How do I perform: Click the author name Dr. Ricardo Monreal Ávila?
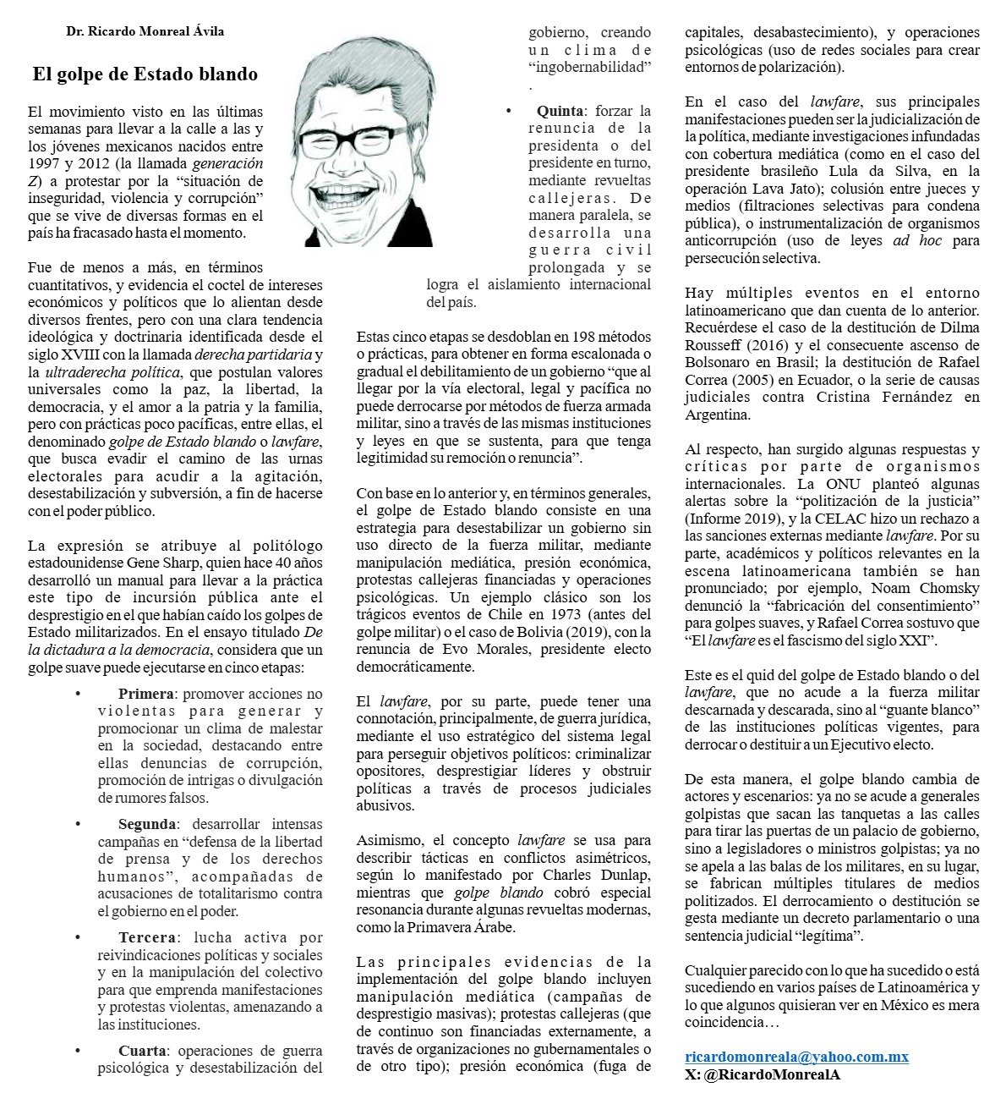(145, 31)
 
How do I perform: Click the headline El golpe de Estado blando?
(145, 74)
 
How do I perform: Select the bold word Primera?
(145, 694)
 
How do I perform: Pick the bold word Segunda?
(147, 823)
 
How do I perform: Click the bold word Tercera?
(146, 937)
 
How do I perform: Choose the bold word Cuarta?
(142, 1050)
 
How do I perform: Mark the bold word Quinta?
(560, 110)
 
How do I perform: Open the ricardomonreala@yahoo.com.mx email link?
(796, 1057)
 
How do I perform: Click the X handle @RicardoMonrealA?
(771, 1074)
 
